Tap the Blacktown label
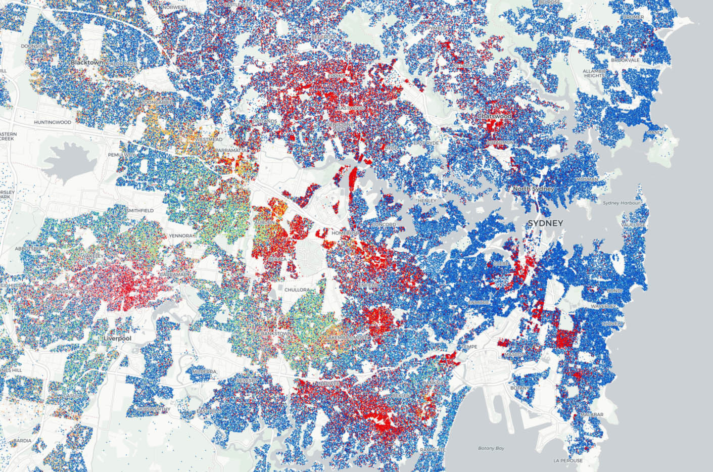(86, 62)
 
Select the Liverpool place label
(117, 338)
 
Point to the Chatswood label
(494, 116)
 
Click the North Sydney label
(533, 189)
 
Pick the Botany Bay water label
(491, 448)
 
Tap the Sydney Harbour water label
(621, 203)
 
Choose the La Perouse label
(568, 460)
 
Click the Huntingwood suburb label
(53, 122)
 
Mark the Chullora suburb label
(297, 290)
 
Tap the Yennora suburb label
(181, 236)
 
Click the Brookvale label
(625, 60)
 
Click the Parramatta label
(230, 151)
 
